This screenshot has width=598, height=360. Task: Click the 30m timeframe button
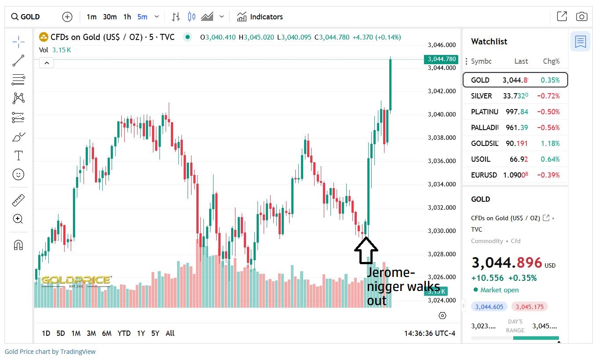(110, 17)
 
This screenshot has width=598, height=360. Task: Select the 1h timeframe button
(127, 17)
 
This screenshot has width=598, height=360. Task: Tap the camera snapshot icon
(581, 17)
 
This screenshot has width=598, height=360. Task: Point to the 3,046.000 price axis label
(442, 45)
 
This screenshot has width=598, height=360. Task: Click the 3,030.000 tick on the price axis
(442, 231)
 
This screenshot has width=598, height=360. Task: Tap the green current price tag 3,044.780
(441, 59)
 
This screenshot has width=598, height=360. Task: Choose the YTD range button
(124, 333)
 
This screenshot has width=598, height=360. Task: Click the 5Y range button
(155, 333)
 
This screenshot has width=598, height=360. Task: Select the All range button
(170, 333)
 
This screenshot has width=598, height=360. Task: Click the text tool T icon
(18, 156)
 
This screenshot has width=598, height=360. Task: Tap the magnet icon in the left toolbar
(18, 245)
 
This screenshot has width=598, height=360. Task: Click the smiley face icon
(18, 175)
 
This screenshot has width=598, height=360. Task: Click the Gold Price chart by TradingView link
(50, 352)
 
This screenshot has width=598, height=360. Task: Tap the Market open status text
(499, 290)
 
